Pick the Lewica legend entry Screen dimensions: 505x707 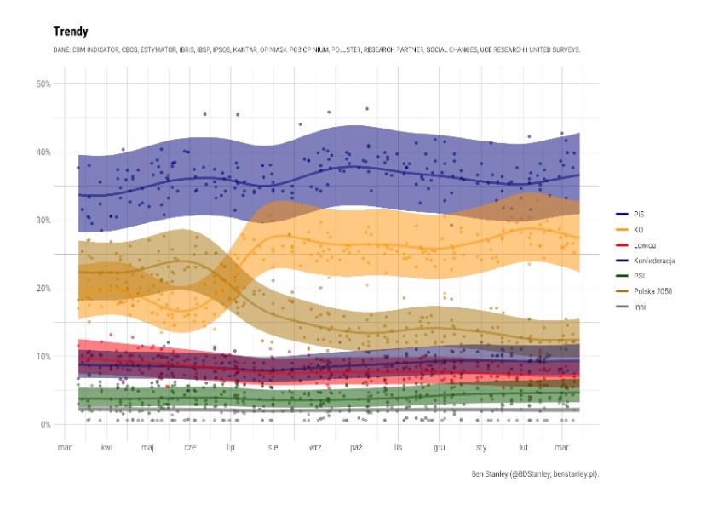645,244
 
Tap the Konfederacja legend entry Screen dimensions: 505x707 653,260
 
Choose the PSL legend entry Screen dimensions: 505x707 640,275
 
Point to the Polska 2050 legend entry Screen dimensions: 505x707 652,290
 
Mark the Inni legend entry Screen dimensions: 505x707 641,306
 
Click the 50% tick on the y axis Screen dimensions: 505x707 44,83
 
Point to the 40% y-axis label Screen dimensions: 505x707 44,152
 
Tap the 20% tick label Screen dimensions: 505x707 44,288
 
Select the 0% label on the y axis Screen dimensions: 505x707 47,424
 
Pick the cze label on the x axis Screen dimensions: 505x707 189,446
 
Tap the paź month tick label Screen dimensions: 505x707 356,446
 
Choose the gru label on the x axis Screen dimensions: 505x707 440,446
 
